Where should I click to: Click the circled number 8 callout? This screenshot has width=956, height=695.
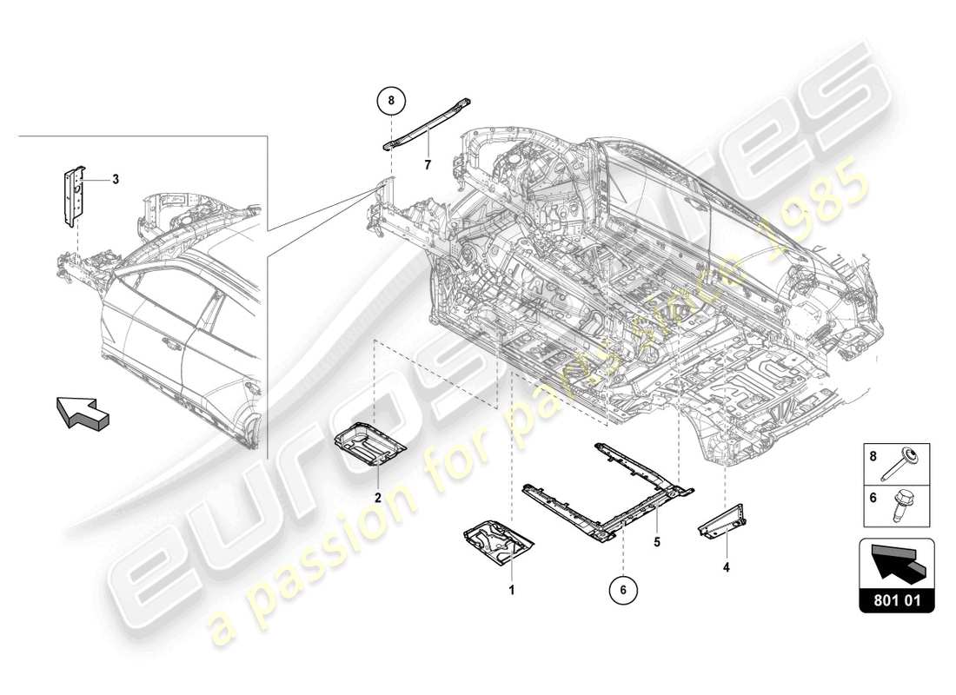coord(391,102)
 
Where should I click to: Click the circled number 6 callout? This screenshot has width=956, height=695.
coord(623,589)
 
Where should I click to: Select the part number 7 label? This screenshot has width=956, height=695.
coord(427,164)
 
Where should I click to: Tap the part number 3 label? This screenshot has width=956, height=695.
coord(115,180)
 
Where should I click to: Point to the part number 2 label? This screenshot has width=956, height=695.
coord(378,498)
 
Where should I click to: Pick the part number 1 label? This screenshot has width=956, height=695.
coord(512,590)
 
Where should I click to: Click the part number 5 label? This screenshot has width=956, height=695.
coord(658,542)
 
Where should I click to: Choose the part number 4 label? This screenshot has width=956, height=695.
coord(727,568)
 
